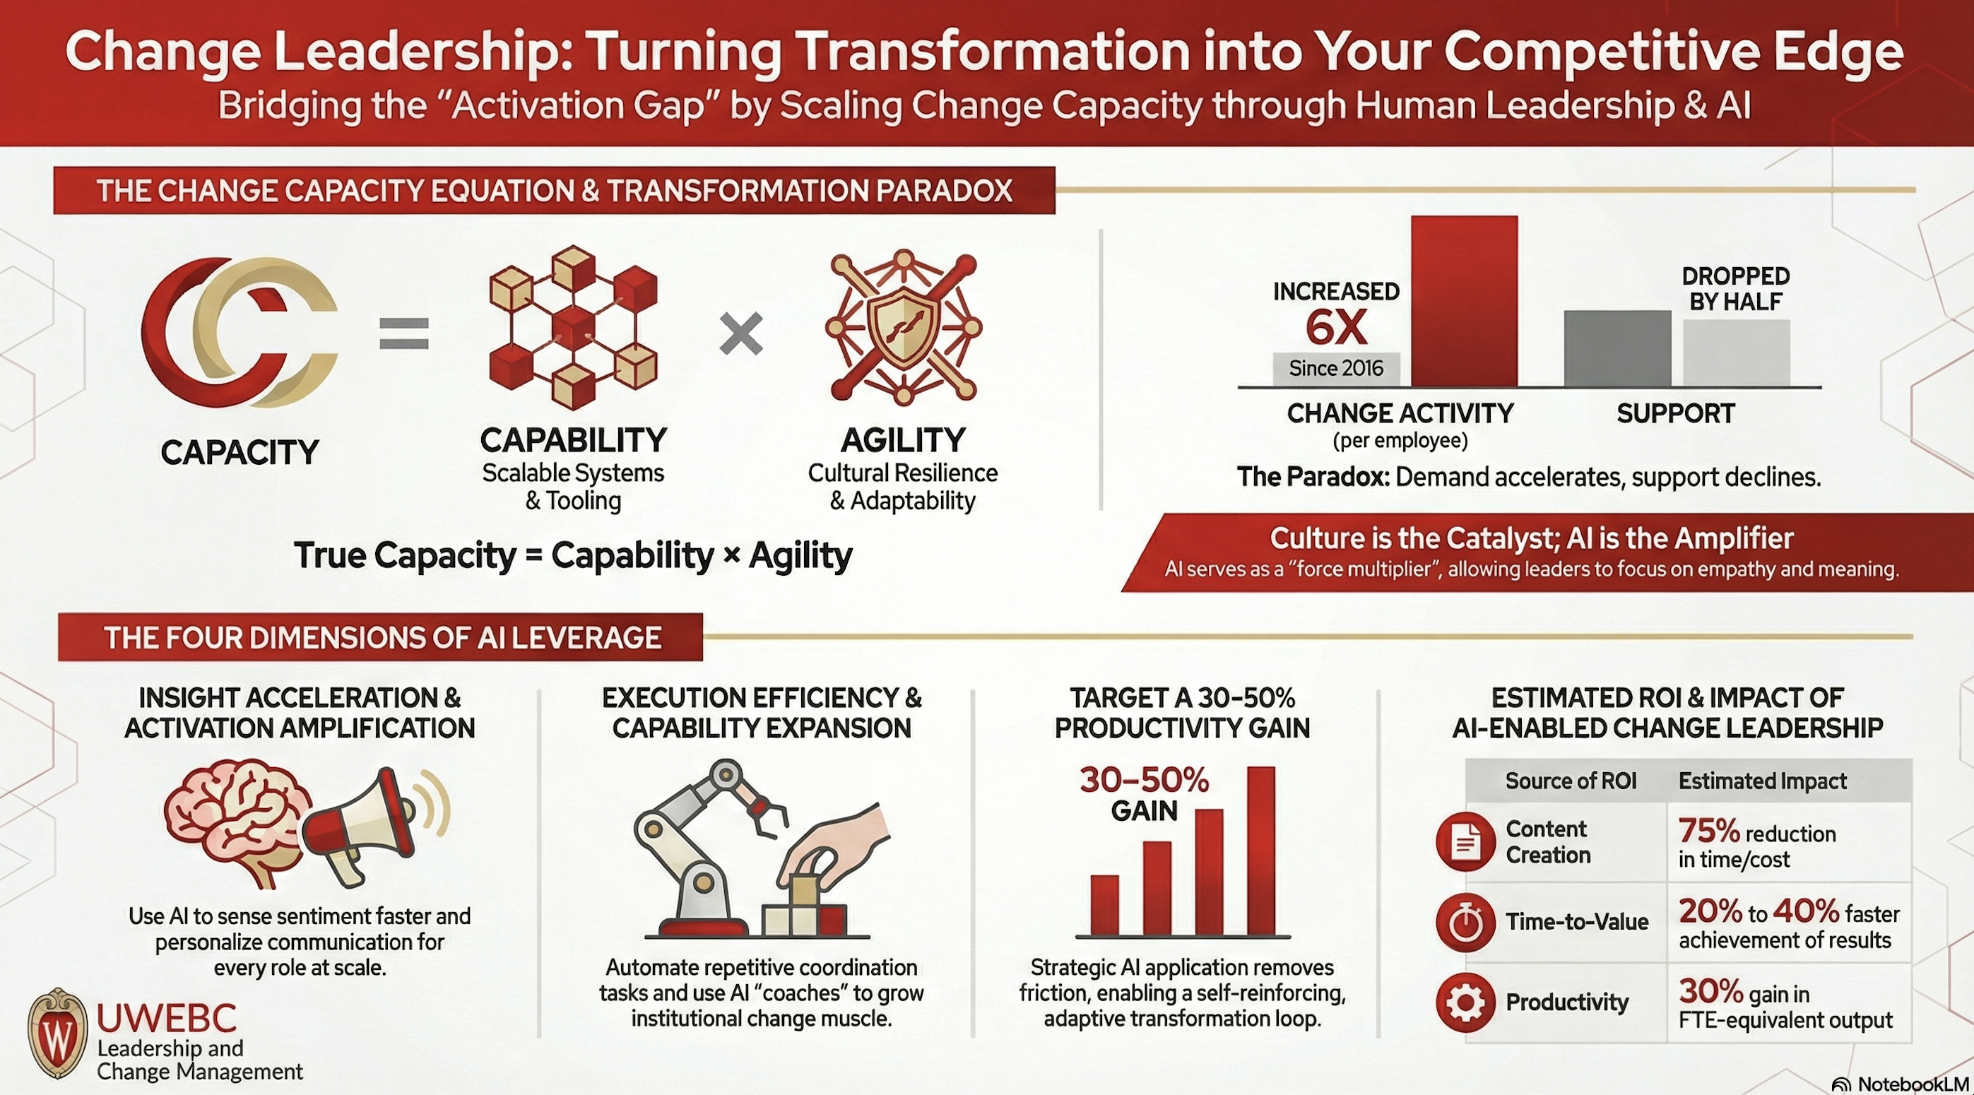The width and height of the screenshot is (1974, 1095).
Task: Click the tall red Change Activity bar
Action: tap(1464, 301)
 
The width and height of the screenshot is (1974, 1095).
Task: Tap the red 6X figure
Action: tap(1336, 328)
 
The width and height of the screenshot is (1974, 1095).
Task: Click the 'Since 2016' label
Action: tap(1336, 369)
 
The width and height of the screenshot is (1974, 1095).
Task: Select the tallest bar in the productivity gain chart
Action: tap(1261, 851)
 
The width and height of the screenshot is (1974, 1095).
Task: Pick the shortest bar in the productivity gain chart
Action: tap(1104, 905)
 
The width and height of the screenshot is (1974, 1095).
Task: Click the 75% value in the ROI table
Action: tap(1708, 831)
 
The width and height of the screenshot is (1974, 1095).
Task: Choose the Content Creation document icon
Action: tap(1465, 842)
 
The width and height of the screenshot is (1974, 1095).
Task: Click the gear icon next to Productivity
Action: tap(1465, 1002)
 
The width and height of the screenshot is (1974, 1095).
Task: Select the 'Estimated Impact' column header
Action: tap(1763, 781)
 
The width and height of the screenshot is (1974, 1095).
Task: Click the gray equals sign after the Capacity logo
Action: tap(404, 334)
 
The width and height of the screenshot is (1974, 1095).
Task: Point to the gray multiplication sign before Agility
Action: tap(741, 334)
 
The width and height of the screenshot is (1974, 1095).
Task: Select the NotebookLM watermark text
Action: tap(1913, 1084)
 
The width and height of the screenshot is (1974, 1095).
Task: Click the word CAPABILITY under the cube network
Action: tap(573, 440)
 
